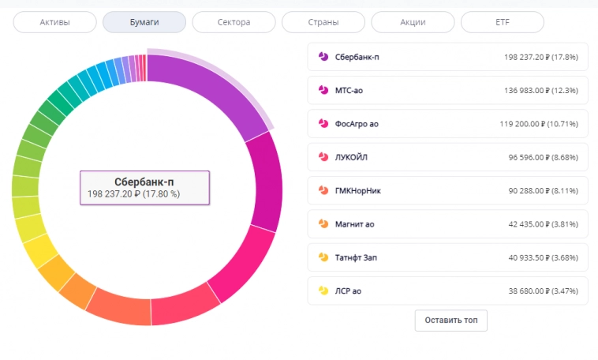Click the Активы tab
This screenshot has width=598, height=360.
click(54, 22)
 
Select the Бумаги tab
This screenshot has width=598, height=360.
click(144, 22)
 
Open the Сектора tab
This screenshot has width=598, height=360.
click(234, 22)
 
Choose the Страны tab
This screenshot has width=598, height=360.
click(323, 22)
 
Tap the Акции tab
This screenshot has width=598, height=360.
click(413, 22)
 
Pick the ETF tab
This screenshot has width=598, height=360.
click(503, 22)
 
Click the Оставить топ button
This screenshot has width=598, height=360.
click(451, 321)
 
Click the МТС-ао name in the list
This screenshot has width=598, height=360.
click(349, 91)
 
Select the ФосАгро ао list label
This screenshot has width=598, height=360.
click(357, 124)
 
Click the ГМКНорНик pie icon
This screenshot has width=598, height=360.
click(323, 191)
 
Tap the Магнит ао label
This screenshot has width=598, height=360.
click(354, 224)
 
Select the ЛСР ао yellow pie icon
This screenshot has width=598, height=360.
click(323, 291)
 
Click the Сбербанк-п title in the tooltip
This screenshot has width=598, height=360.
click(144, 182)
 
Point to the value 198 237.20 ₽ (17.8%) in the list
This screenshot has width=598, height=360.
click(540, 57)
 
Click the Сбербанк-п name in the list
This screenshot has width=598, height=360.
click(357, 57)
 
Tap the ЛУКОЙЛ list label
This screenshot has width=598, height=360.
click(352, 158)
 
